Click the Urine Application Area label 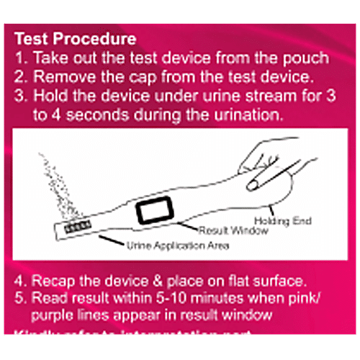tap(178, 247)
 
